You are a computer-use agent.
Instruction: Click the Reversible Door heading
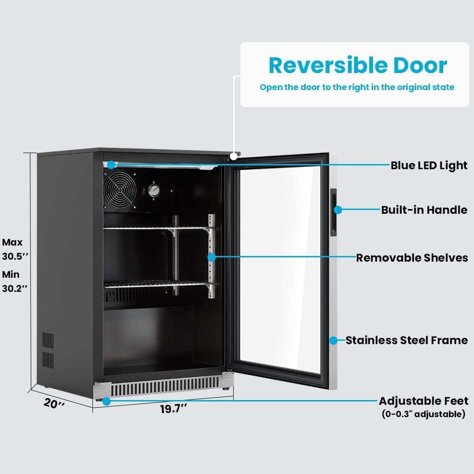(358, 65)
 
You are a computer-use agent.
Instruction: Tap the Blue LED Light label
(428, 165)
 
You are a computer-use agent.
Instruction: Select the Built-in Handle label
(424, 210)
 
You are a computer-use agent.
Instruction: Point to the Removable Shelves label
(411, 258)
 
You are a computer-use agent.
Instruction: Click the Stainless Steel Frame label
(406, 340)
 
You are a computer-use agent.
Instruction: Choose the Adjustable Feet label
(423, 401)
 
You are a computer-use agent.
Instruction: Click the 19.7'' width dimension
(173, 409)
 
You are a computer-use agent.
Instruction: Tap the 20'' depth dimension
(53, 404)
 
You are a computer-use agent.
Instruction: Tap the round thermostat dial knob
(154, 191)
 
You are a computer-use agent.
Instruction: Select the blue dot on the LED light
(111, 165)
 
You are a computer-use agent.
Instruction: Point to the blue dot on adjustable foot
(106, 401)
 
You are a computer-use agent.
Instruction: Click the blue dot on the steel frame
(333, 340)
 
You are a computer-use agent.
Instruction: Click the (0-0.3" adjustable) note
(423, 414)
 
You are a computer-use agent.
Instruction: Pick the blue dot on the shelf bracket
(211, 257)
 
